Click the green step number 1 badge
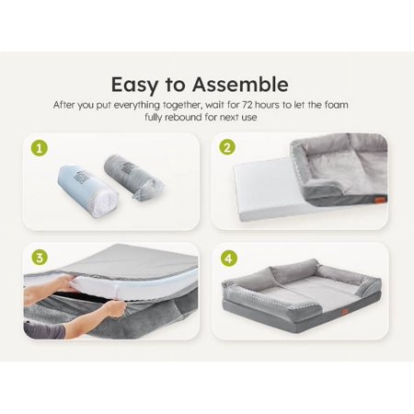(x=40, y=148)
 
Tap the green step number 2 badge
(x=227, y=147)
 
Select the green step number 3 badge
(x=40, y=258)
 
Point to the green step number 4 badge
(x=229, y=259)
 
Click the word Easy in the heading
(x=134, y=86)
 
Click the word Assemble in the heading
(x=240, y=85)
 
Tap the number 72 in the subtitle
(x=247, y=105)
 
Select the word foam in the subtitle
(x=336, y=105)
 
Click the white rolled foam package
(x=87, y=191)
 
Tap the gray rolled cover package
(x=133, y=177)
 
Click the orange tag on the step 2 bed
(x=381, y=199)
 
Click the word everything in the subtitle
(x=137, y=105)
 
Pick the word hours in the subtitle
(x=267, y=105)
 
